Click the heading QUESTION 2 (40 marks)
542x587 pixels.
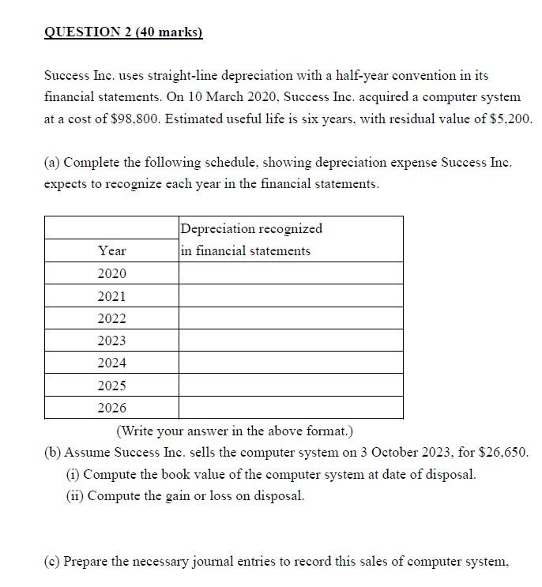(123, 32)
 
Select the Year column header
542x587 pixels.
(111, 250)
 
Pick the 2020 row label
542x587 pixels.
(111, 273)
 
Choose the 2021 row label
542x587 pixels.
(111, 296)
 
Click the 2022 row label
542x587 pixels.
(111, 318)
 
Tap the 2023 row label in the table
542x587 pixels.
(111, 341)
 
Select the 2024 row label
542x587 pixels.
(111, 363)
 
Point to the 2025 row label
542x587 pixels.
(111, 386)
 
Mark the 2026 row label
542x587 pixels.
(111, 408)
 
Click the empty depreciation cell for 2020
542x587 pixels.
(290, 273)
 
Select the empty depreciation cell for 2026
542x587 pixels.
(290, 408)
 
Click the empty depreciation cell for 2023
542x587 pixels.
(290, 341)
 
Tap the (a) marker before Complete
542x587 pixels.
(51, 163)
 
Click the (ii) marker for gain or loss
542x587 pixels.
(74, 496)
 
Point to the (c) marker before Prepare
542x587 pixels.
(51, 562)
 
